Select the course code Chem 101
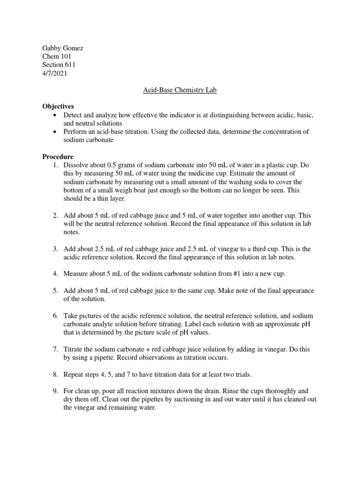point(57,56)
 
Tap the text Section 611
point(59,65)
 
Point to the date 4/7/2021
point(55,73)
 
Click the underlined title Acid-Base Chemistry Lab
point(180,90)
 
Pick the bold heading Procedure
point(58,157)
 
